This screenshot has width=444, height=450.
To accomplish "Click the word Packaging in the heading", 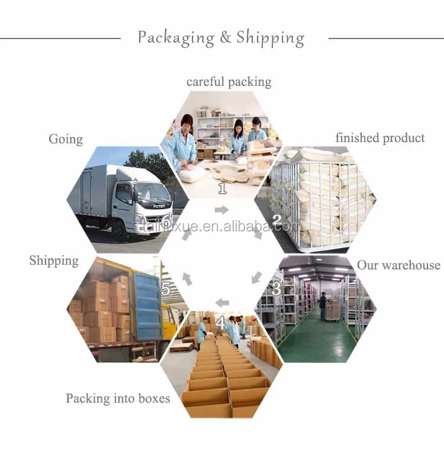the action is point(176,37).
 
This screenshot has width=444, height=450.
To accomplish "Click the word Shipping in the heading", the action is point(270,37).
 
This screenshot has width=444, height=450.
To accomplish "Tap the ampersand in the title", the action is point(225,37).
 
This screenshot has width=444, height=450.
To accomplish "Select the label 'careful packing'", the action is point(229,82).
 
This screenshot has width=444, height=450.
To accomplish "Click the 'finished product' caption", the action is point(379,138).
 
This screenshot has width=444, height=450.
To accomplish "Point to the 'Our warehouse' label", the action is point(398,265).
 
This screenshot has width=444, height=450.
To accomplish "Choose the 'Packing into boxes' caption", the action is point(118,398).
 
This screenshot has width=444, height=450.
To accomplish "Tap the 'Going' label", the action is point(66,139).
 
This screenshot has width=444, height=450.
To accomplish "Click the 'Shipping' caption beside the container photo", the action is point(54,261).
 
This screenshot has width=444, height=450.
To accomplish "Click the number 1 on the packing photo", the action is point(223,188).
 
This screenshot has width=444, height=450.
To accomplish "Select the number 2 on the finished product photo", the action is point(276,221).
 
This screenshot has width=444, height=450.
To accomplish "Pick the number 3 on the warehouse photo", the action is point(276,290).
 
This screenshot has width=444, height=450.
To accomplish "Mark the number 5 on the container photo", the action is point(166,290).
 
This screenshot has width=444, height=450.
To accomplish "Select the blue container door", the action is point(147,305).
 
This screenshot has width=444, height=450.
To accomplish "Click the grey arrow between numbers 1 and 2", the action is point(221,210).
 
